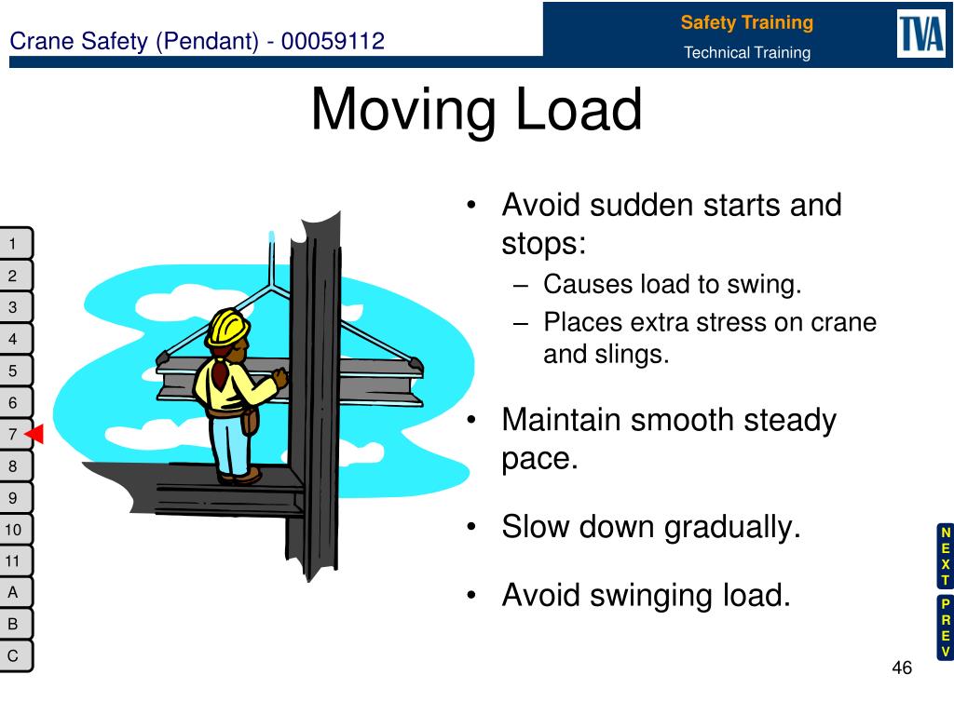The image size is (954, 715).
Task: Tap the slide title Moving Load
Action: tap(476, 109)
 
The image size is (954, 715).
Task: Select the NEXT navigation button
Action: tap(945, 556)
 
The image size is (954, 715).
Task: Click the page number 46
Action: tap(901, 668)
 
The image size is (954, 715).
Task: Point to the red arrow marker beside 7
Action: tap(35, 435)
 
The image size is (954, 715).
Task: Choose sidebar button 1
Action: tap(14, 244)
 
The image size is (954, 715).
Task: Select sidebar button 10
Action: tap(14, 530)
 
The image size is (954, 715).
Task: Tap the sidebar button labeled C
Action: tap(14, 656)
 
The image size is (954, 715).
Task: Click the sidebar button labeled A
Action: tap(14, 592)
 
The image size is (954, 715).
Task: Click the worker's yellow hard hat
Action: tap(228, 326)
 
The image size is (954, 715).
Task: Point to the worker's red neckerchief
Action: tap(221, 373)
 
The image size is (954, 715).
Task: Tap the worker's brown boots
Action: tap(240, 476)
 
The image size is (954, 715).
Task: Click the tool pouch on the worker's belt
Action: tap(250, 421)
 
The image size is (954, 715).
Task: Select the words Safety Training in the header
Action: tap(746, 22)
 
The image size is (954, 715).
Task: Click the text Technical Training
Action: tap(747, 53)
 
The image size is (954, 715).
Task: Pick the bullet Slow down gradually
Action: tap(651, 528)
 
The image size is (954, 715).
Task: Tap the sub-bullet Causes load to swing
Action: tap(672, 285)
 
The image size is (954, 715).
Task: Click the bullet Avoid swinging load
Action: tap(646, 594)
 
